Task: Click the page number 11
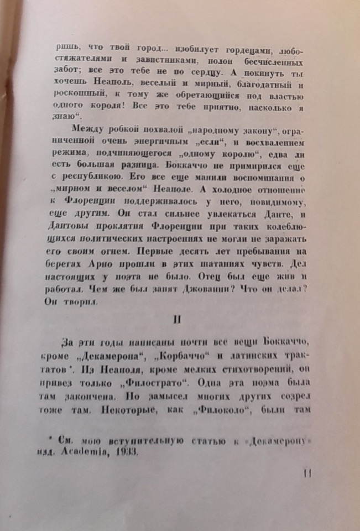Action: coord(308,473)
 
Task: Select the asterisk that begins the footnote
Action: coord(50,438)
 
